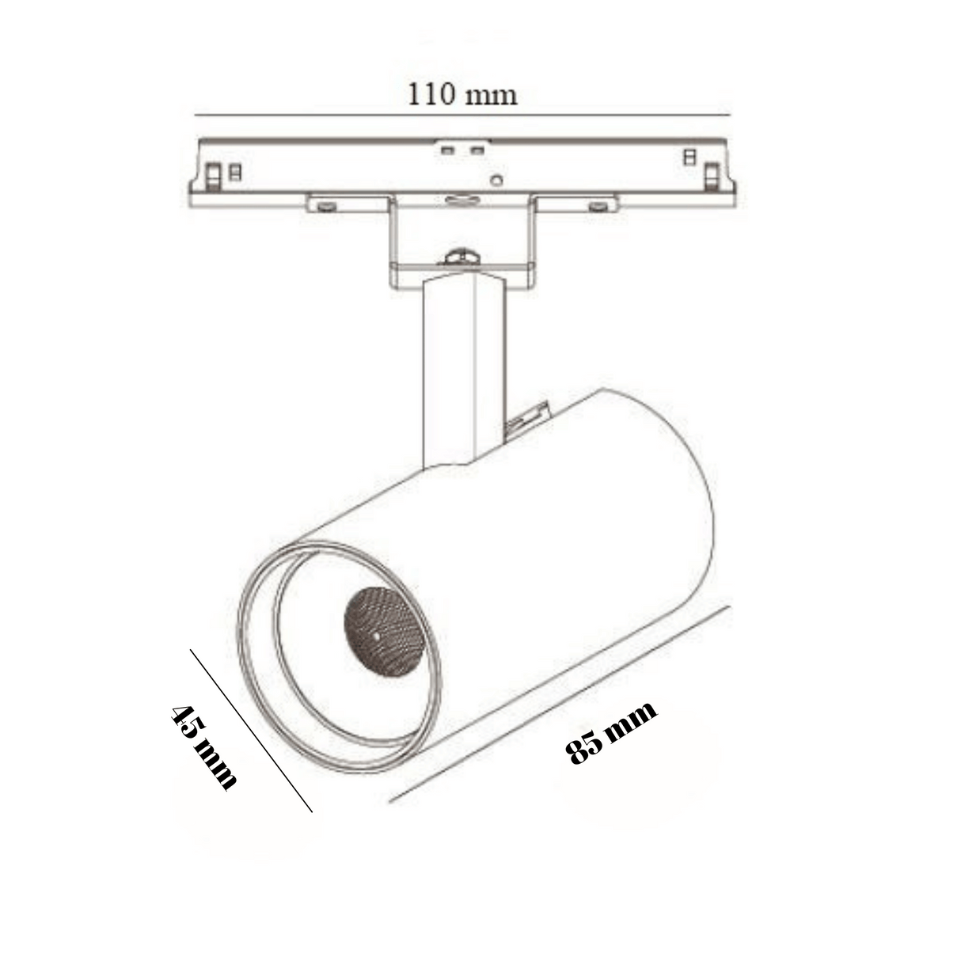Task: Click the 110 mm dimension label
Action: (462, 94)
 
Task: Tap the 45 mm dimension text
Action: (203, 746)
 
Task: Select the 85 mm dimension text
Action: (611, 732)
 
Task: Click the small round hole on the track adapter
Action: (497, 180)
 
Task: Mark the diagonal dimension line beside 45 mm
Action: (251, 730)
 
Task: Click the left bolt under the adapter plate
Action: (326, 207)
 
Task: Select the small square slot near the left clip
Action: (235, 171)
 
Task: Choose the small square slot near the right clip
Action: (689, 157)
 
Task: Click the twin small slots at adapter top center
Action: (462, 150)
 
